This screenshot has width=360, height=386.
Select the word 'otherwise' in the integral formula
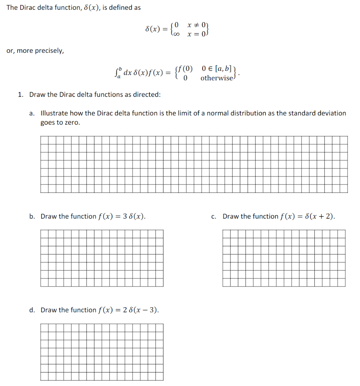point(216,78)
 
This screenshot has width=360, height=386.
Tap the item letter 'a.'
point(32,113)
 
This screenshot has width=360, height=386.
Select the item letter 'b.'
point(32,216)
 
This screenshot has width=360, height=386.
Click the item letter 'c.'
point(214,216)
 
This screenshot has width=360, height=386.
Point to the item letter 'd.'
point(32,310)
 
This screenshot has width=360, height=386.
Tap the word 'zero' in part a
point(72,123)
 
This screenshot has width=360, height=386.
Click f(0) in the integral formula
point(185,69)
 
